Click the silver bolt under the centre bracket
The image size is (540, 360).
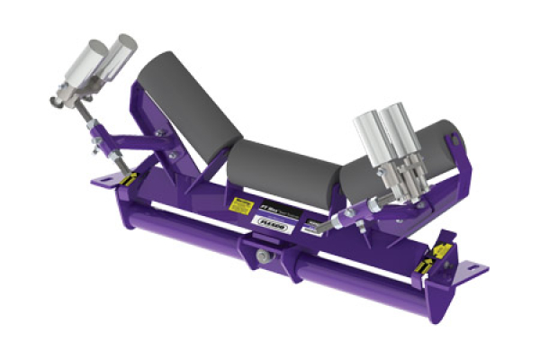[x=260, y=257]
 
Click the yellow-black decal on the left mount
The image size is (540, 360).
[x=127, y=179]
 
